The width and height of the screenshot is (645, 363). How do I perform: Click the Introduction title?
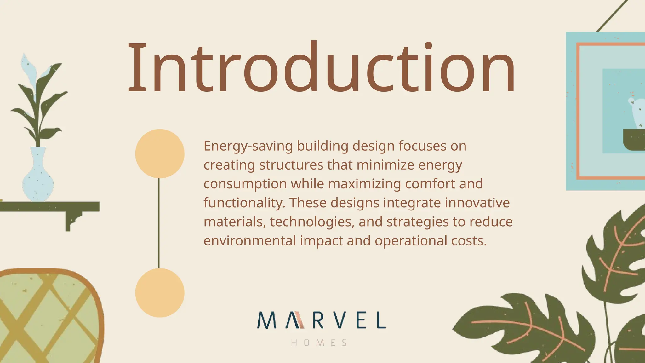point(321,68)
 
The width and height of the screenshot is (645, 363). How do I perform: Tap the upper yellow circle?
point(160,153)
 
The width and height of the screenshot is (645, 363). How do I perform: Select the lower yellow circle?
point(160,293)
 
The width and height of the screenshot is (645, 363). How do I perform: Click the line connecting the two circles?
point(159,223)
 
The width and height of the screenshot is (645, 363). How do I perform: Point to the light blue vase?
point(38,180)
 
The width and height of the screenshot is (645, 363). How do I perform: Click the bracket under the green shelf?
point(71,220)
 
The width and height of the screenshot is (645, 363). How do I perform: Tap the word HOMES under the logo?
point(319,343)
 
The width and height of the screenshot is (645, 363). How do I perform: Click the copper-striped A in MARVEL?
point(295,320)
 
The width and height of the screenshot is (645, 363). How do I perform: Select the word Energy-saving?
point(248,146)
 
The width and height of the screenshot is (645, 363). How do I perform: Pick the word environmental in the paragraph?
point(250,241)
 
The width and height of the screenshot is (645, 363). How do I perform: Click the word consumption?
point(245,184)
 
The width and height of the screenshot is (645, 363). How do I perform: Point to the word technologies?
point(312,222)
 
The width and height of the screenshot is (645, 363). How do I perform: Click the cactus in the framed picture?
point(636,113)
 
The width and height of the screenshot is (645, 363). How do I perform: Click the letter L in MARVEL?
point(381,320)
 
